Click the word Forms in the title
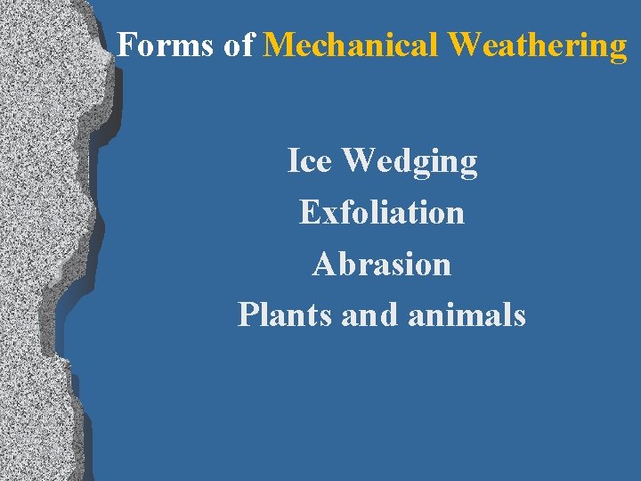pyautogui.click(x=166, y=45)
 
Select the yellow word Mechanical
pyautogui.click(x=353, y=45)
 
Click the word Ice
pyautogui.click(x=311, y=161)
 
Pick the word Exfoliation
pyautogui.click(x=382, y=212)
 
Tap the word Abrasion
pyautogui.click(x=382, y=264)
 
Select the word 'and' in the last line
pyautogui.click(x=369, y=314)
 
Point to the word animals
pyautogui.click(x=467, y=314)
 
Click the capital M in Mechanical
pyautogui.click(x=280, y=45)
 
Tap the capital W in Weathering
pyautogui.click(x=465, y=45)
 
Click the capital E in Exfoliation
pyautogui.click(x=310, y=212)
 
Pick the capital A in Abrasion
pyautogui.click(x=324, y=264)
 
